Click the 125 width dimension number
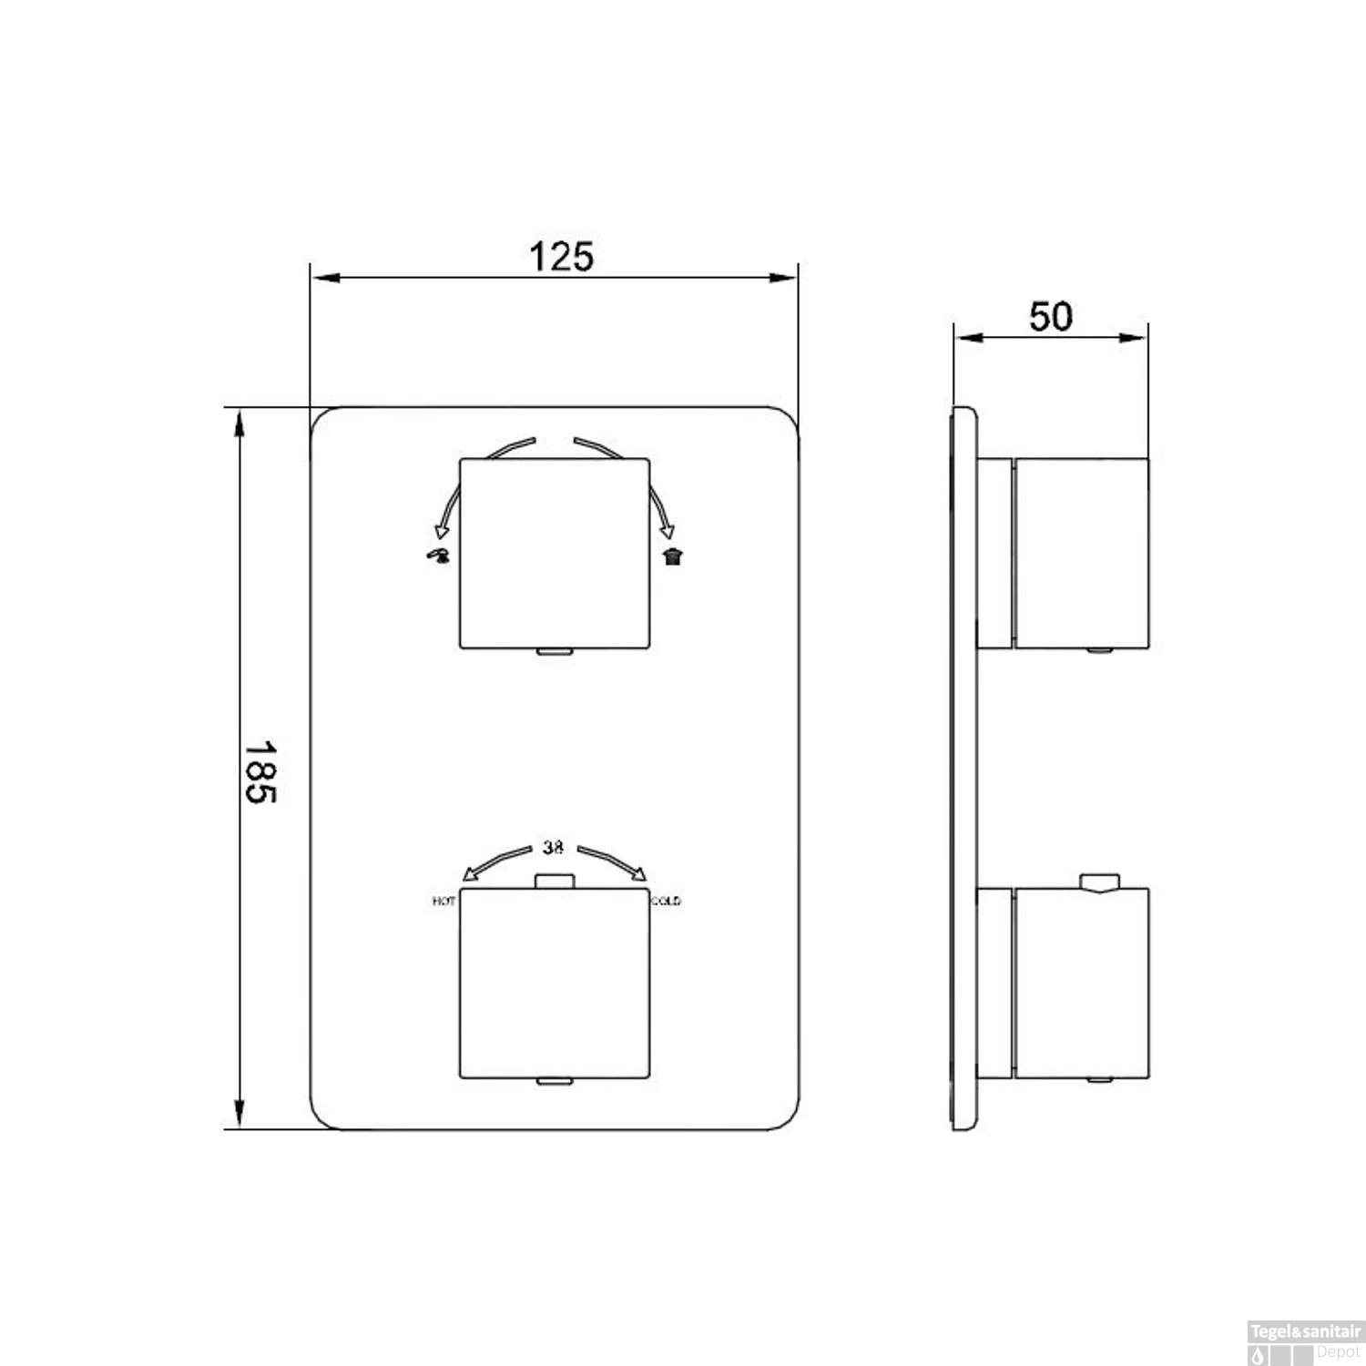pyautogui.click(x=561, y=257)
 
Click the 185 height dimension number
pyautogui.click(x=260, y=770)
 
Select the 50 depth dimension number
pyautogui.click(x=1051, y=317)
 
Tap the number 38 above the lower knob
pyautogui.click(x=553, y=847)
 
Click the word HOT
pyautogui.click(x=444, y=902)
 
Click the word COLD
pyautogui.click(x=666, y=902)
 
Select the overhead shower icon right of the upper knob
pyautogui.click(x=672, y=556)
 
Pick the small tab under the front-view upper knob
pyautogui.click(x=554, y=651)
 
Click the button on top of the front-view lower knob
pyautogui.click(x=554, y=881)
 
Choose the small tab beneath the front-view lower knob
pyautogui.click(x=554, y=1081)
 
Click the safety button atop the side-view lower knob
pyautogui.click(x=1098, y=882)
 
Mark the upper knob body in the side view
pyautogui.click(x=1081, y=554)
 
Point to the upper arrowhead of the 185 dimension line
pyautogui.click(x=240, y=423)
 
